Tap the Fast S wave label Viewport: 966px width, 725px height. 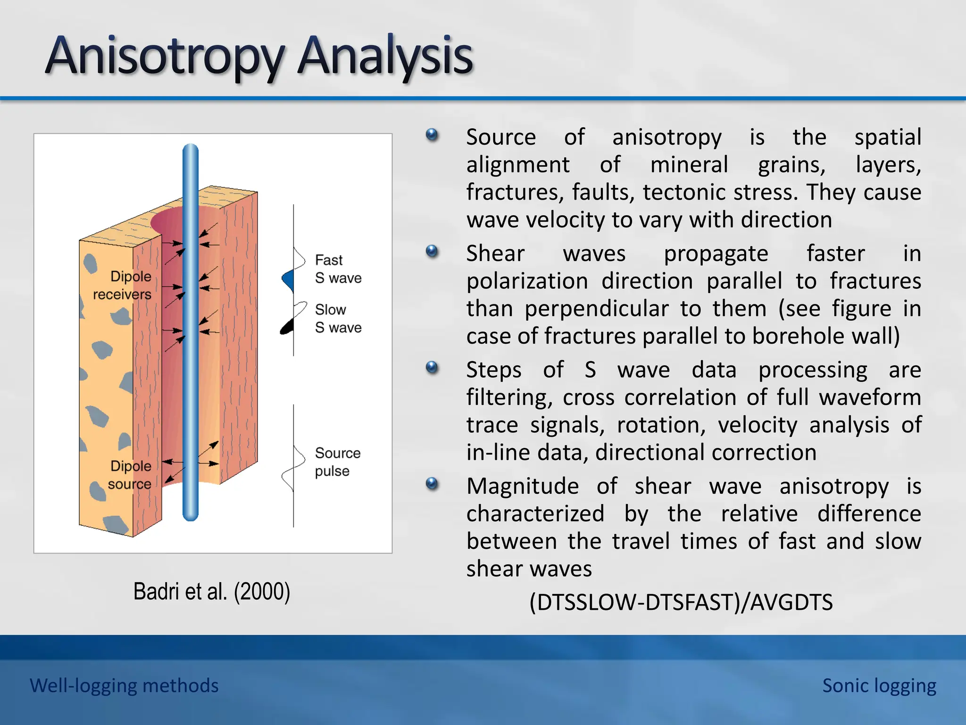click(338, 269)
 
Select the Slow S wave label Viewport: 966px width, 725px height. click(338, 319)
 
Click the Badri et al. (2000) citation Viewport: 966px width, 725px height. click(211, 591)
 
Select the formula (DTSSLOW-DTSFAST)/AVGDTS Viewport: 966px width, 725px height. click(681, 602)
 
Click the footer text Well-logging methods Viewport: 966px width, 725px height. click(124, 685)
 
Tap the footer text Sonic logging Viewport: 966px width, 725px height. click(879, 685)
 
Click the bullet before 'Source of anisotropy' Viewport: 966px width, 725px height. click(432, 135)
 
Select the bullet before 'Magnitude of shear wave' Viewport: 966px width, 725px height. click(432, 484)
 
